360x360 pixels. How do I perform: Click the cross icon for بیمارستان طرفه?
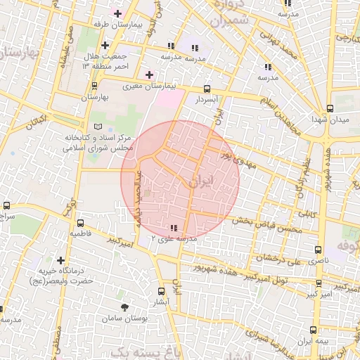point(117,13)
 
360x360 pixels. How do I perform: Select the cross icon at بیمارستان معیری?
point(149,75)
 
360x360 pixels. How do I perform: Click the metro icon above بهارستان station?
point(94,86)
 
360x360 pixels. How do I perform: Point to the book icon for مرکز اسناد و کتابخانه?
point(98,126)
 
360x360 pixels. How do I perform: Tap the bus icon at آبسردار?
point(207,89)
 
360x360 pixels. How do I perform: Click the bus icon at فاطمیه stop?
point(79,221)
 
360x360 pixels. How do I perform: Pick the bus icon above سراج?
point(6,206)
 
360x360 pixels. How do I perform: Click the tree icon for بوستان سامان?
point(125,307)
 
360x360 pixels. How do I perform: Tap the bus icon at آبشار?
point(161,290)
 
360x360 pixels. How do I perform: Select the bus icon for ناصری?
point(318,249)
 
